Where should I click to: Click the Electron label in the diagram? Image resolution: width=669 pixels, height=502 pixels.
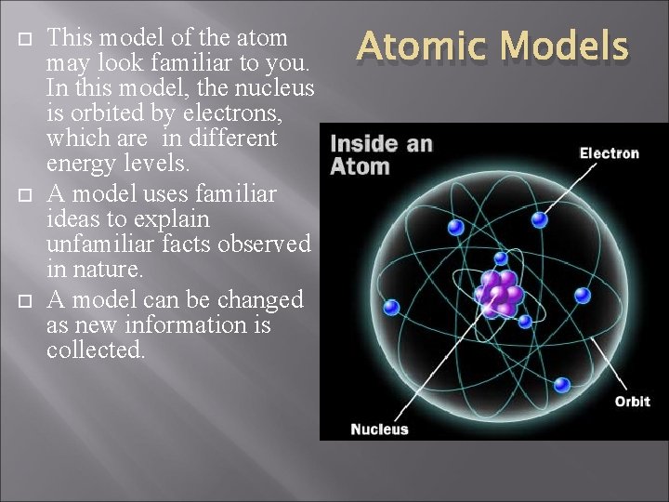click(x=610, y=152)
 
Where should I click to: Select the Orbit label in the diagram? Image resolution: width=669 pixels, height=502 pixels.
click(x=632, y=402)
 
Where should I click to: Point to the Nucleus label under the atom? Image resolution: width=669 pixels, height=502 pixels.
click(x=379, y=429)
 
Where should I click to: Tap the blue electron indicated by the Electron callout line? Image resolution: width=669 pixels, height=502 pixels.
click(x=540, y=220)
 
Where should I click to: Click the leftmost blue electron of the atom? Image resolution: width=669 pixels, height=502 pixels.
click(x=391, y=306)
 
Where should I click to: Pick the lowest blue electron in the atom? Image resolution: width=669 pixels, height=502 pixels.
click(x=561, y=384)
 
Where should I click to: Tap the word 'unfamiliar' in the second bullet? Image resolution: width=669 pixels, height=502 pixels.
click(x=98, y=245)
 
